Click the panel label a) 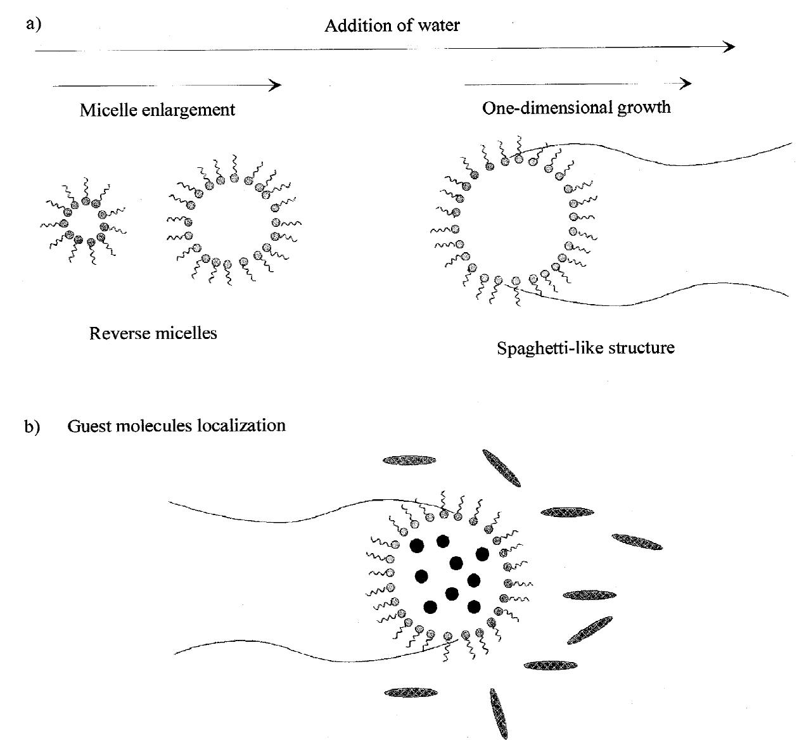(x=33, y=24)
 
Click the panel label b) (x=32, y=427)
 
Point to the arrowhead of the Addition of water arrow (x=730, y=46)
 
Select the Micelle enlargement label (x=157, y=110)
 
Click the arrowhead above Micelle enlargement (x=276, y=85)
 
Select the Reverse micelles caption (x=153, y=333)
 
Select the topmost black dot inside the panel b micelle (x=443, y=540)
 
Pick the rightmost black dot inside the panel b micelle (x=482, y=554)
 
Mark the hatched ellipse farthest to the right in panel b (x=637, y=542)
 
